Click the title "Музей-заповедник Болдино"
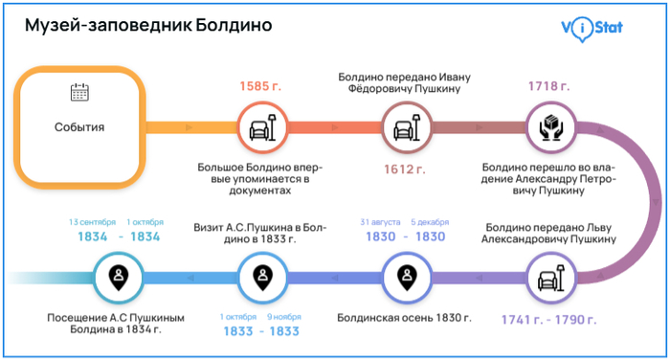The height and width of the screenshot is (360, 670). pos(148,27)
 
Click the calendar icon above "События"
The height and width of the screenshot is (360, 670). pos(80,93)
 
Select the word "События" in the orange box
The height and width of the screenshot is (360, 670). pos(79,127)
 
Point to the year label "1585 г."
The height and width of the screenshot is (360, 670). pos(259,86)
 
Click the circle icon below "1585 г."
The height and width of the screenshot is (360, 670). pos(260,126)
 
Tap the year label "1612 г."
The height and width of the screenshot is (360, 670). pos(406,169)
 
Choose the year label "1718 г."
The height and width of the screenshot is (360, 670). pos(548,86)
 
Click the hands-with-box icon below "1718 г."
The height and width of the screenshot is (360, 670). pos(549,126)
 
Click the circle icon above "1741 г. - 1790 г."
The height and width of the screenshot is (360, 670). pos(549,278)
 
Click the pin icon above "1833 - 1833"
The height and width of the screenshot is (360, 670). pos(260,278)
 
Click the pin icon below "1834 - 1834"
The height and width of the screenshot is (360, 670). pos(117,278)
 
